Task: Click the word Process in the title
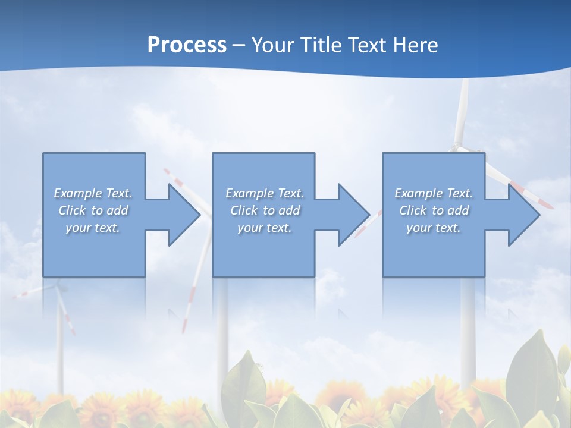click(x=187, y=45)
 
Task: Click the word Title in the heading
click(x=321, y=45)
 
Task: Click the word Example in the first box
click(x=77, y=193)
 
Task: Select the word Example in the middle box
click(x=249, y=193)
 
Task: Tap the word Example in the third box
click(x=418, y=193)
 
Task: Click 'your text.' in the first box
click(x=93, y=228)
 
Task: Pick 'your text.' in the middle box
click(x=265, y=228)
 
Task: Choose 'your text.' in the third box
click(x=434, y=228)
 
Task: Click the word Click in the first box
click(x=72, y=210)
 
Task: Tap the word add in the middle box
click(x=289, y=210)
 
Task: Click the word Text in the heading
click(x=365, y=45)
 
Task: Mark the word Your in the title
click(x=273, y=45)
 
